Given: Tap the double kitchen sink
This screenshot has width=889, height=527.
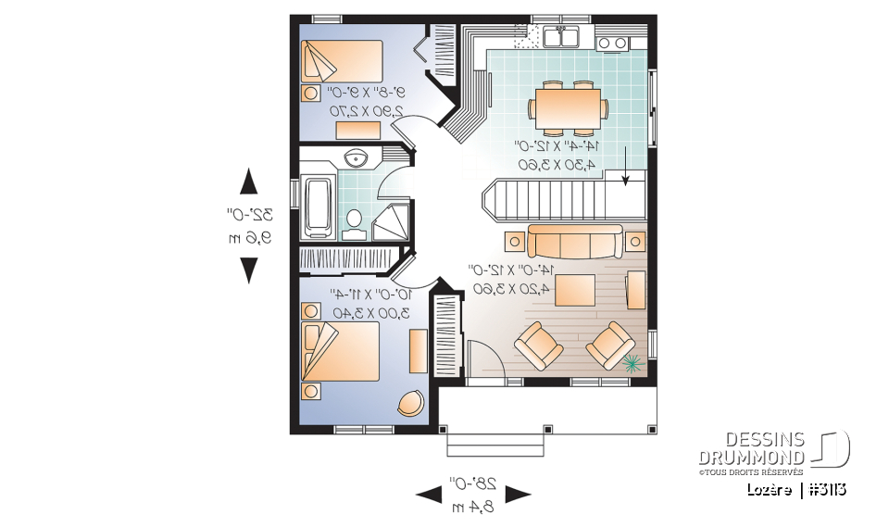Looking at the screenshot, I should tap(561, 37).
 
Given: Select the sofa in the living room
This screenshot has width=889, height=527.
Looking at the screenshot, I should tap(574, 242).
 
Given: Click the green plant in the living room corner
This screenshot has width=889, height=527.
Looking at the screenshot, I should tap(632, 363).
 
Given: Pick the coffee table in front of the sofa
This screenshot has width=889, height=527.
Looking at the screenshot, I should tap(574, 289).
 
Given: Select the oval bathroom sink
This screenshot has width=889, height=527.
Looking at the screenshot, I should tap(356, 158).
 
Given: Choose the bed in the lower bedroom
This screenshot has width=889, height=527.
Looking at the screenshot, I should tap(340, 351).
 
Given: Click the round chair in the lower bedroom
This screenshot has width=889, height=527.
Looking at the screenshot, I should tap(408, 403).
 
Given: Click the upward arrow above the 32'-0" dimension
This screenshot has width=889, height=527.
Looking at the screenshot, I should tap(248, 181).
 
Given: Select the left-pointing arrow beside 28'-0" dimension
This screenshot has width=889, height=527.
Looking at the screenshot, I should tap(428, 495).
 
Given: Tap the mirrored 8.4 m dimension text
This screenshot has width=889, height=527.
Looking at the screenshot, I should tap(472, 508).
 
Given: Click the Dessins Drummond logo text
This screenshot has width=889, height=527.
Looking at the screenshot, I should tap(751, 449).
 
